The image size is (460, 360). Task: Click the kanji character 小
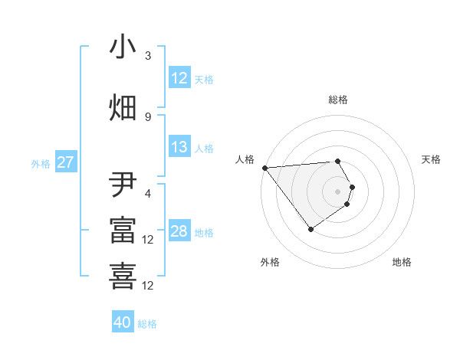tap(123, 47)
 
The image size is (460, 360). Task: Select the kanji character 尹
tap(123, 186)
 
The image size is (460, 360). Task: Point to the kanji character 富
tap(123, 231)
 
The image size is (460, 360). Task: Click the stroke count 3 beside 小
tap(148, 56)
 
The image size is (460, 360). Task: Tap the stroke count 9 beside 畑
tap(148, 116)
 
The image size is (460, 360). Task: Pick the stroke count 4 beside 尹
tap(148, 195)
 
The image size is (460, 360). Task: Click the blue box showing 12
tap(179, 78)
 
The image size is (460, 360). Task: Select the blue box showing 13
tap(179, 148)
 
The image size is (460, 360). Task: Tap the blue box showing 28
tap(179, 232)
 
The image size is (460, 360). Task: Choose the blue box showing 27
tap(65, 162)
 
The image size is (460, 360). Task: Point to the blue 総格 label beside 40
tap(147, 324)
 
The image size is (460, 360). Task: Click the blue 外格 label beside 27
tap(41, 163)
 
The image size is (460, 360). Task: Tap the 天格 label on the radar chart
tap(431, 159)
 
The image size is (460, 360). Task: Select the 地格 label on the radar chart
tap(402, 262)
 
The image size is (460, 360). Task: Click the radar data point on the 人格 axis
tap(264, 168)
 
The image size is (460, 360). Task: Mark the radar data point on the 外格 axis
tap(310, 229)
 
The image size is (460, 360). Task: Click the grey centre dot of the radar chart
tap(337, 191)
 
